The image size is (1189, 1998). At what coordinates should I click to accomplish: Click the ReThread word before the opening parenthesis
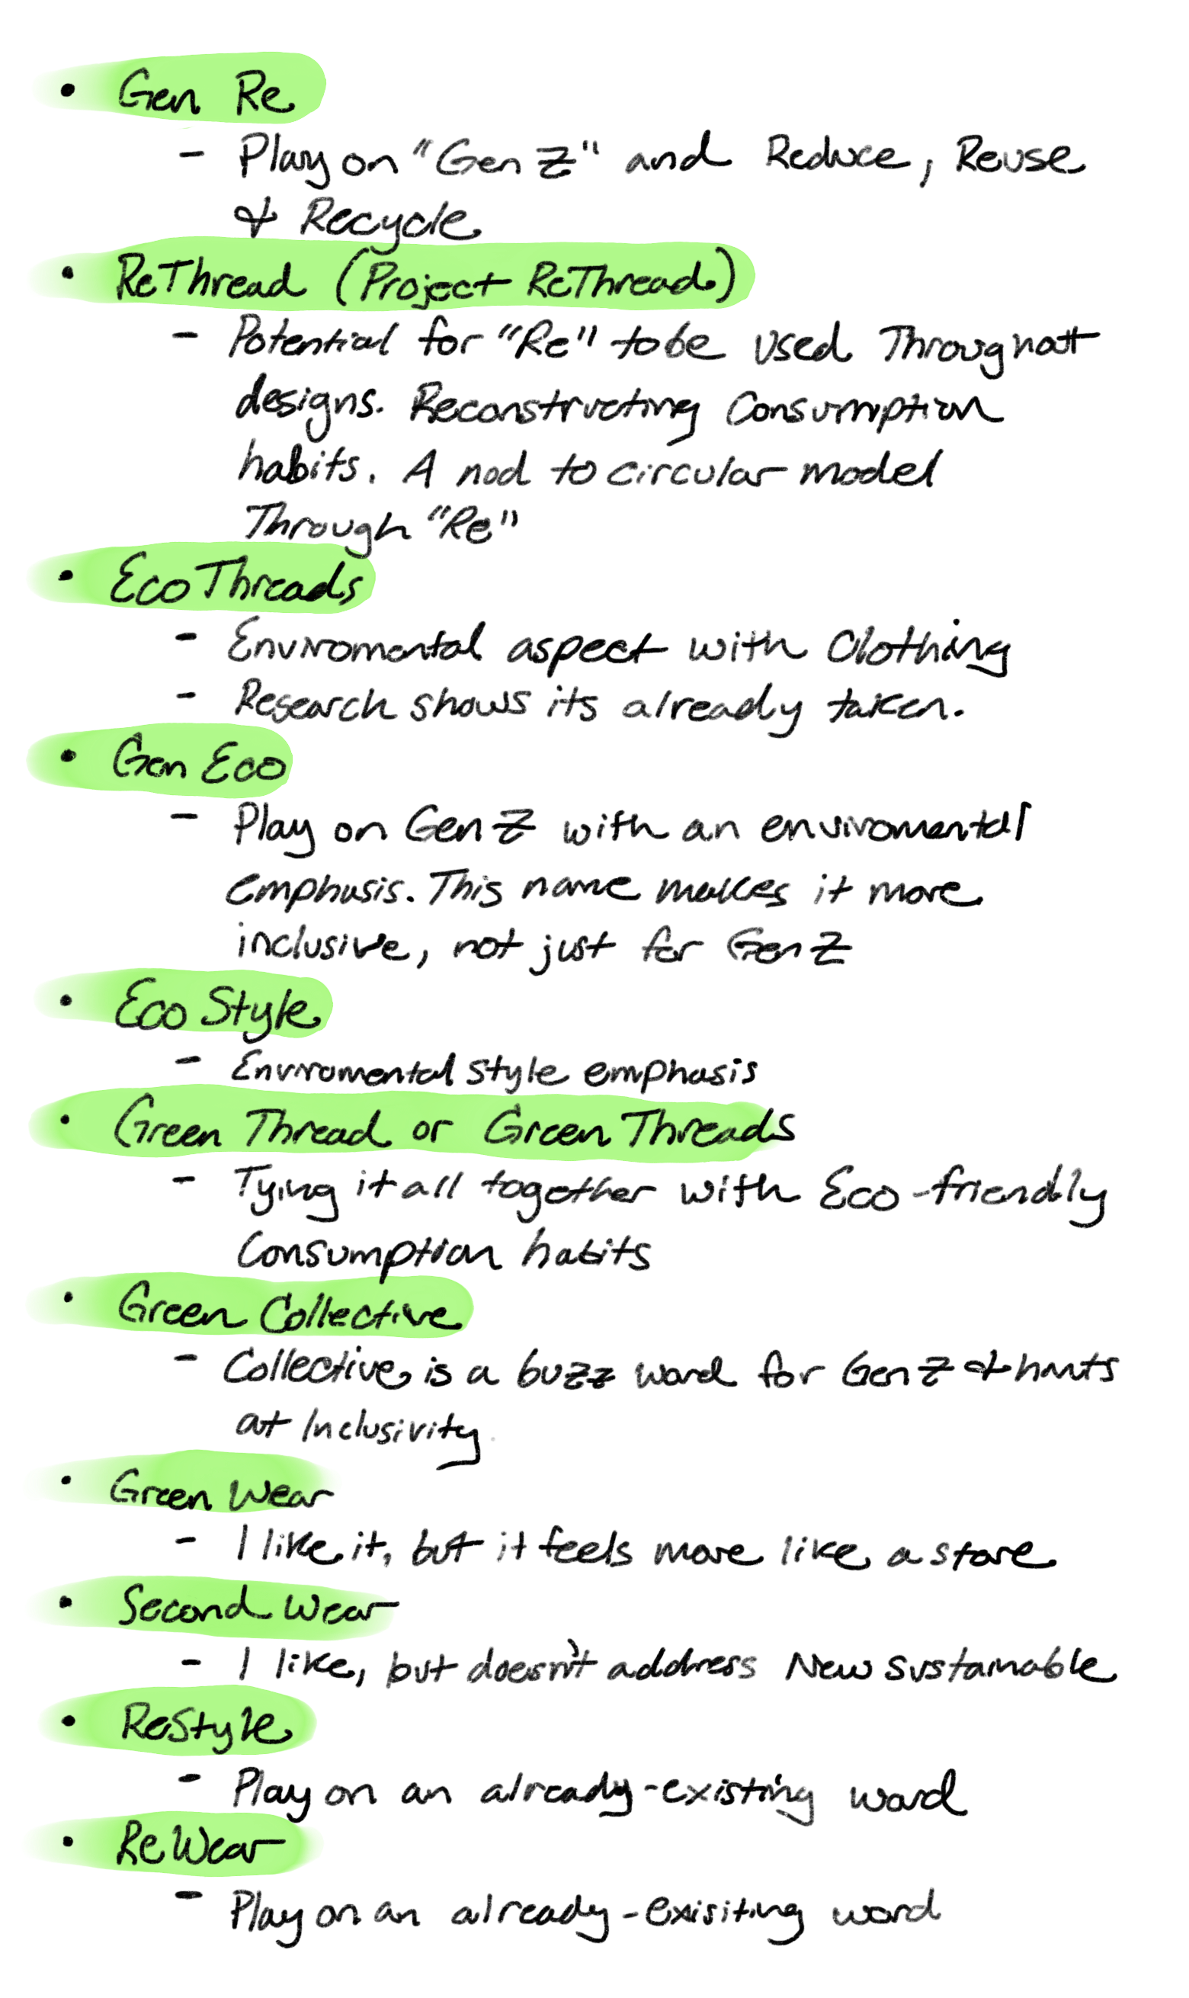click(210, 281)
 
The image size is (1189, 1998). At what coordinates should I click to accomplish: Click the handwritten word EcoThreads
click(236, 579)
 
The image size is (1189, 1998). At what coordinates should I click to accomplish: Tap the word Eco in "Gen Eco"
click(244, 764)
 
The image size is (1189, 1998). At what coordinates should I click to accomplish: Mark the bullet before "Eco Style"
click(66, 1001)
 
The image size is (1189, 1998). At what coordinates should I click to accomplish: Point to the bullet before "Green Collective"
click(67, 1296)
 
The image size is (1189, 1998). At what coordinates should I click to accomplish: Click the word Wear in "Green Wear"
click(280, 1494)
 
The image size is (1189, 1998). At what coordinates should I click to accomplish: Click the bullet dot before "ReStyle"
click(69, 1720)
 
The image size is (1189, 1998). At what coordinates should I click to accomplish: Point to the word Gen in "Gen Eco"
click(149, 759)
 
